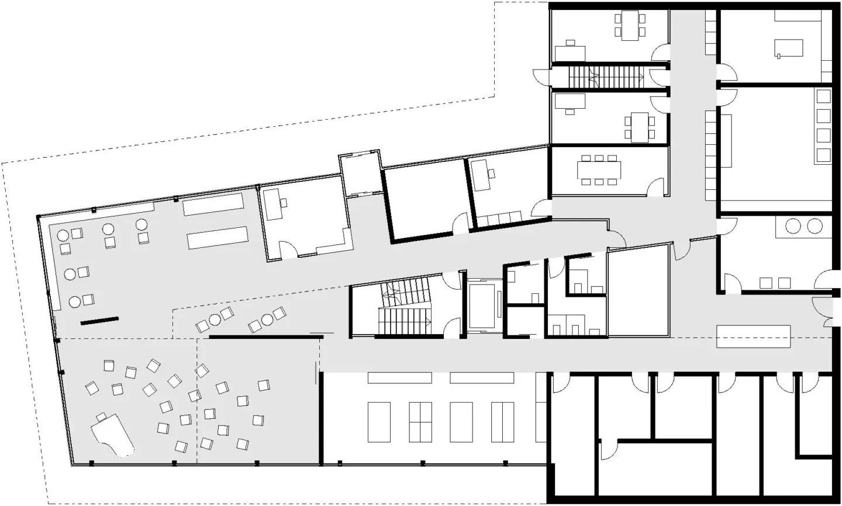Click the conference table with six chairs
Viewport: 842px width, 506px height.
(x=599, y=170)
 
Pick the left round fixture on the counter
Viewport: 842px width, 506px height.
(x=793, y=226)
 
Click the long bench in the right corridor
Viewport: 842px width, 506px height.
(x=754, y=336)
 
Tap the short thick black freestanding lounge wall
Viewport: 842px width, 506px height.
(x=99, y=320)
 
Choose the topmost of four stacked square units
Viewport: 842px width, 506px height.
(x=823, y=97)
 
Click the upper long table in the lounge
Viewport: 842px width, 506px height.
(x=213, y=204)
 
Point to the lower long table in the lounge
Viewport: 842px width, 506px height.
(x=218, y=240)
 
